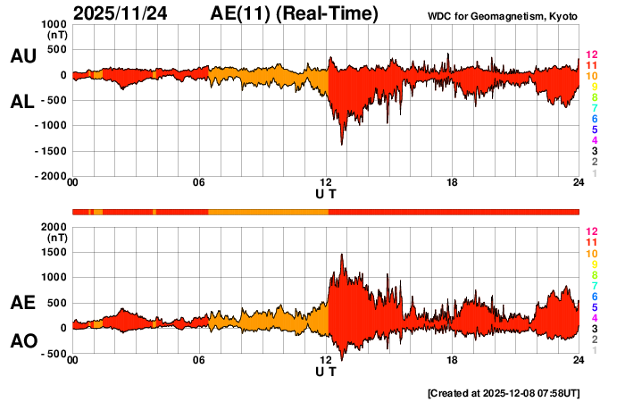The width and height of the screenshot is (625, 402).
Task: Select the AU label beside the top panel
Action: [x=22, y=56]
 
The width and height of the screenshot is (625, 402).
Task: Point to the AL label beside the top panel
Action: [x=22, y=102]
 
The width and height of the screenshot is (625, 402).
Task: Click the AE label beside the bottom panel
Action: [x=22, y=304]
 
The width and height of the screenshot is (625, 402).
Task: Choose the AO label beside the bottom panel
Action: [x=22, y=341]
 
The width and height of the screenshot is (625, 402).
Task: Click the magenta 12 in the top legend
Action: [x=590, y=55]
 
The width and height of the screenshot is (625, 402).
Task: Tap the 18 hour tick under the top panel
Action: [x=453, y=183]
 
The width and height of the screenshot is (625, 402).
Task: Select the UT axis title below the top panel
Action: [x=326, y=194]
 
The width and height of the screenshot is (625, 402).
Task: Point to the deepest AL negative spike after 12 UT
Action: [x=341, y=144]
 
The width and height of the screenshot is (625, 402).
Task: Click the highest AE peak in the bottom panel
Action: [x=342, y=255]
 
